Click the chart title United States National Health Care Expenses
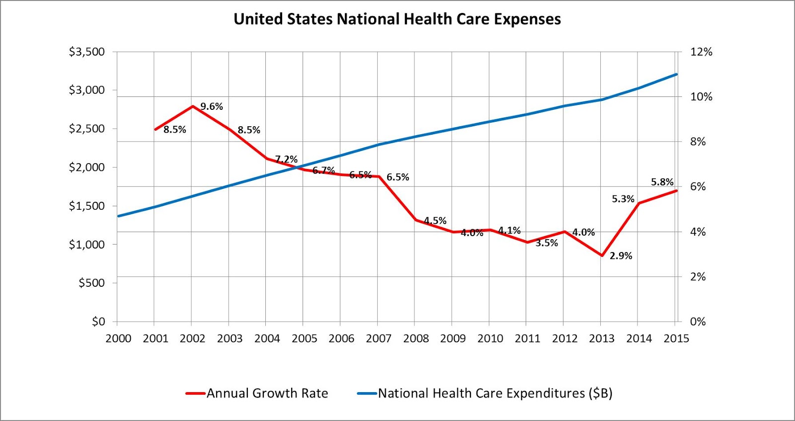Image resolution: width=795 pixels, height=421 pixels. click(x=397, y=19)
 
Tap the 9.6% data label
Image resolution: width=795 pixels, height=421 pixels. click(x=212, y=106)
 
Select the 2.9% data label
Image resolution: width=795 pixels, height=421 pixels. click(x=621, y=256)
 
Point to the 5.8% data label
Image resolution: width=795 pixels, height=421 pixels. click(x=662, y=182)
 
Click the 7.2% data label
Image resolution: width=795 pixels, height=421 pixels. click(x=286, y=159)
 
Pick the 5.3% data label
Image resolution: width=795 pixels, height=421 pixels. click(x=623, y=199)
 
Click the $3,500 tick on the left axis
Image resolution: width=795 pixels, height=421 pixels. click(x=87, y=52)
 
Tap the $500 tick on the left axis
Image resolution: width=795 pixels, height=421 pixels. click(x=92, y=283)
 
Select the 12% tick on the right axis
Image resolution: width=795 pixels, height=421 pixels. click(x=701, y=52)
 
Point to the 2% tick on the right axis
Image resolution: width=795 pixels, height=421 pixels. click(x=698, y=277)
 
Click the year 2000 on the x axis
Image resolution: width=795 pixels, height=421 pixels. click(x=118, y=338)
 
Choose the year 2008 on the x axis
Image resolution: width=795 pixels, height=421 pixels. click(x=416, y=338)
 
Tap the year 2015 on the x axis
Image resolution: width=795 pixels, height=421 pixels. click(x=676, y=338)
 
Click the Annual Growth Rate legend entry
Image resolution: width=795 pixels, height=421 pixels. click(x=267, y=393)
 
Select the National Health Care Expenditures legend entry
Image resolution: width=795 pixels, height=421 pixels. click(x=495, y=393)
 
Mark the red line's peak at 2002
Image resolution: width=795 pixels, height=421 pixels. click(x=192, y=106)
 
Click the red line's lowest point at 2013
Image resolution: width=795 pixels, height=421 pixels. click(x=601, y=255)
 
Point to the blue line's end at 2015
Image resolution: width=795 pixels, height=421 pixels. click(x=676, y=75)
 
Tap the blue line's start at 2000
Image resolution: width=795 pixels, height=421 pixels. click(x=118, y=216)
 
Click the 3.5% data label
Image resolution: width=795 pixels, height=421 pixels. click(x=547, y=243)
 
